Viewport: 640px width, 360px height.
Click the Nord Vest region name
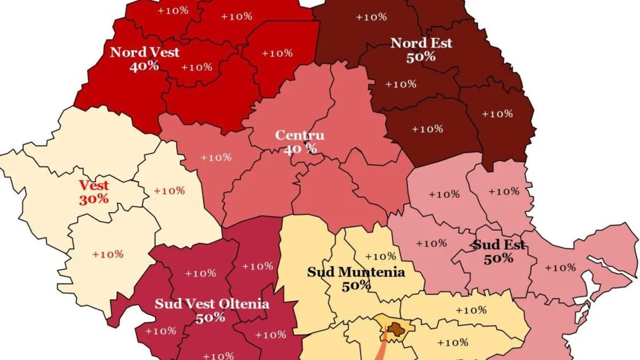145,52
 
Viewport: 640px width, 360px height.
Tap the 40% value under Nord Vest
144,66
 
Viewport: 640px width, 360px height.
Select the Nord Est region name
421,43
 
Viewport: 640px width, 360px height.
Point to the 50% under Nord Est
421,57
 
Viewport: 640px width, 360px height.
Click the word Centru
300,135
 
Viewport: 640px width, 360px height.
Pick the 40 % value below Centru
300,149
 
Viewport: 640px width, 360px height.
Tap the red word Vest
94,186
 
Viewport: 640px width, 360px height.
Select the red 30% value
94,199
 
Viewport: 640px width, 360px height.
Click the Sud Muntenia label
356,272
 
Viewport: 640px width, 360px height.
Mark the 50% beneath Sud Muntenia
357,286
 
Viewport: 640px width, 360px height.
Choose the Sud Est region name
499,245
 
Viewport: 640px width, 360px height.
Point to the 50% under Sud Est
499,259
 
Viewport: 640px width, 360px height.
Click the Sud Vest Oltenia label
212,304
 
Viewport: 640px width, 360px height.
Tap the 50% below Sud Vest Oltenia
210,318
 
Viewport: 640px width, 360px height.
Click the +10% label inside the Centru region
216,158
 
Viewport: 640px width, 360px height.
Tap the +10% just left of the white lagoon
561,268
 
